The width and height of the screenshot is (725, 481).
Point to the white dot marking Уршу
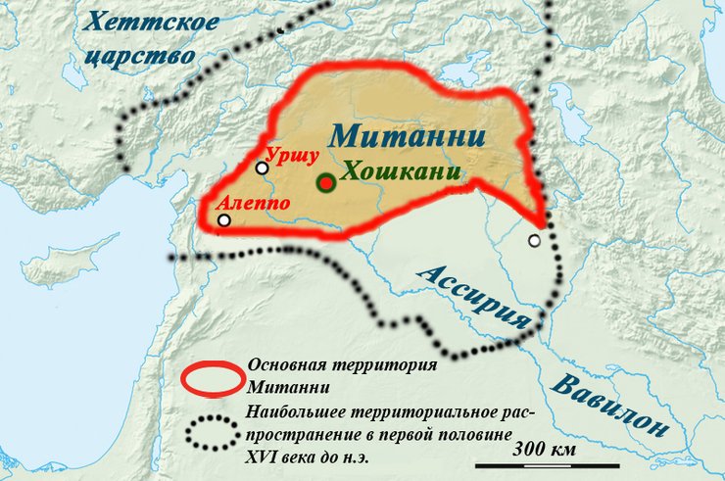tap(262, 168)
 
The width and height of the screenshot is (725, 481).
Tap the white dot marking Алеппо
tap(224, 220)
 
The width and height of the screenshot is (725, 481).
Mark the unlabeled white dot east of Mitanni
tap(535, 240)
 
